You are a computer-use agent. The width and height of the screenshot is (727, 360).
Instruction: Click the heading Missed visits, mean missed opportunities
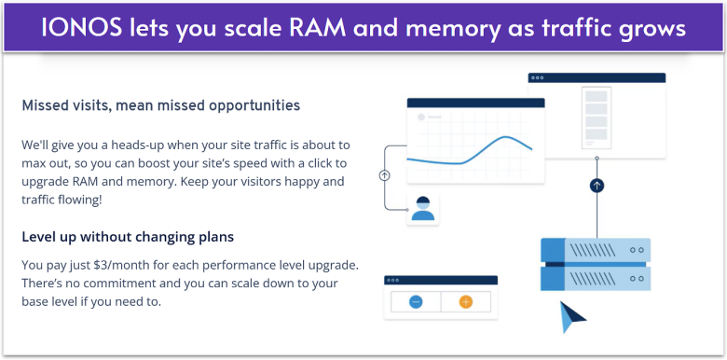pos(160,105)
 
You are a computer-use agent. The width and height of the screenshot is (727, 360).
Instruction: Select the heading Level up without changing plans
pos(127,236)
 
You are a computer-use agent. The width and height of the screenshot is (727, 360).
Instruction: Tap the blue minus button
pos(415,301)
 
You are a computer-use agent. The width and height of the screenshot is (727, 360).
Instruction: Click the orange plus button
pos(466,301)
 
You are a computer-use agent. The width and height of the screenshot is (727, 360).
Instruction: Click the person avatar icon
pos(423,209)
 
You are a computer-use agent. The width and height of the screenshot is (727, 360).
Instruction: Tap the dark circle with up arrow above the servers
pos(597,186)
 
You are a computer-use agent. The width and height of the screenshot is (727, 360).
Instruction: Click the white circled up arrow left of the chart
pos(385,174)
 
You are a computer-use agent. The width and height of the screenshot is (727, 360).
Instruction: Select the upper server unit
pos(595,250)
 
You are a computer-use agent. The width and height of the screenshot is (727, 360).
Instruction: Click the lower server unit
pos(595,277)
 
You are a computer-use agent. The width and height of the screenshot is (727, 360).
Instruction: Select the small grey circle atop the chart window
pos(421,118)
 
